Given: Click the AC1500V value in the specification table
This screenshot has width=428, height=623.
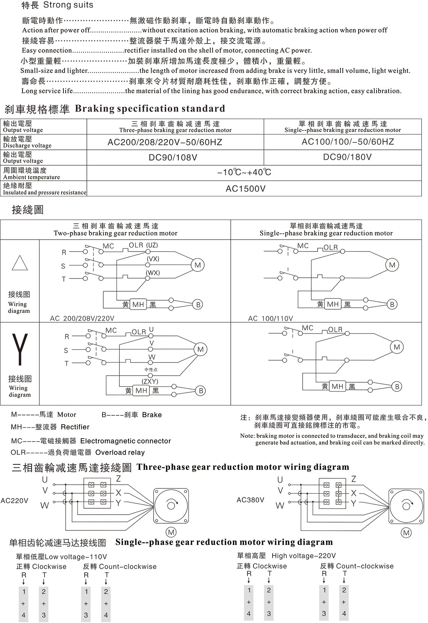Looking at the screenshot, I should [245, 189].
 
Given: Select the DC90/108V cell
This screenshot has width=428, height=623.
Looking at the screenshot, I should [173, 157].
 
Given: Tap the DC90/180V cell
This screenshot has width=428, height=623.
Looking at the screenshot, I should [347, 157].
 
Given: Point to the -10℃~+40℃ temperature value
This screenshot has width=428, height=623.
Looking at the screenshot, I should [244, 172].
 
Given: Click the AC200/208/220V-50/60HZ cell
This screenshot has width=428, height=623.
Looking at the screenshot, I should [165, 142].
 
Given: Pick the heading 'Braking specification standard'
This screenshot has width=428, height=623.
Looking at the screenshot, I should [150, 109].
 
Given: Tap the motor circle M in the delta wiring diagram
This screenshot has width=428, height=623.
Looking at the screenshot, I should [197, 265].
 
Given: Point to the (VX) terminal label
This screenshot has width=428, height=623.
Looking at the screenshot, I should [153, 259].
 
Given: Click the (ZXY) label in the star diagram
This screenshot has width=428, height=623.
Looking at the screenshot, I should [150, 382].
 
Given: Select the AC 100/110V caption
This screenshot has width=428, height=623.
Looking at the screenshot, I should [270, 319].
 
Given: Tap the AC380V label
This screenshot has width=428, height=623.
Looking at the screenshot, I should [250, 500].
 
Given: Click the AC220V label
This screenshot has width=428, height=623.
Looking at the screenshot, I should [14, 501].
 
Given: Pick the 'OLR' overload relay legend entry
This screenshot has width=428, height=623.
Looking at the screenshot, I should [77, 452].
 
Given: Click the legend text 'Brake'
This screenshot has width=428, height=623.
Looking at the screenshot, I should [152, 415].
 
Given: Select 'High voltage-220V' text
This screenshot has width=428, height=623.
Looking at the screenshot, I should [304, 556].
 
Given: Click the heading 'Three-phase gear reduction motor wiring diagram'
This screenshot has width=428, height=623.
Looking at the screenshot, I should [243, 467].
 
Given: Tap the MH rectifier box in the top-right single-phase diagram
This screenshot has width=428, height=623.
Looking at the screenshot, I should [333, 304].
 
